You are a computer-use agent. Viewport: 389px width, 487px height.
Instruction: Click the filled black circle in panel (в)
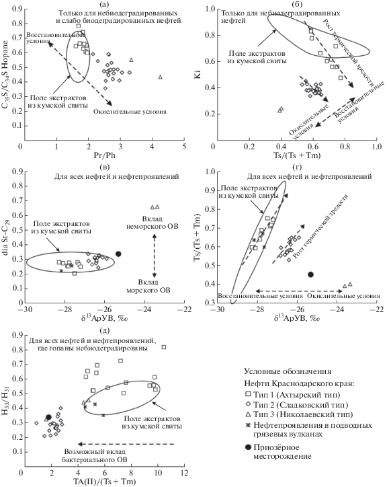pos(118,254)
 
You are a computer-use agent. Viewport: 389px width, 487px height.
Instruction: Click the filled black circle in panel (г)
pos(310,274)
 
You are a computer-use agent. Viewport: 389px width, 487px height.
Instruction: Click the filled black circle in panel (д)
pos(48,417)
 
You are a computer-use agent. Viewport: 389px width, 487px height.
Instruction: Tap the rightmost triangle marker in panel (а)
pos(161,77)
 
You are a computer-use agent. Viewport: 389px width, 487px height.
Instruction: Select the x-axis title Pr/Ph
pos(105,155)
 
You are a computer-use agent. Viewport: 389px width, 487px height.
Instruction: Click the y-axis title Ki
pos(198,75)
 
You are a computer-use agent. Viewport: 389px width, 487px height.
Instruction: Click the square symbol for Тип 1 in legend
pos(248,394)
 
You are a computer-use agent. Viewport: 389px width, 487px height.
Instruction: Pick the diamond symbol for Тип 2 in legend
pos(248,404)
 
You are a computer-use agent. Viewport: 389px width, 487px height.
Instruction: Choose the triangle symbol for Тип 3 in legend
pos(248,414)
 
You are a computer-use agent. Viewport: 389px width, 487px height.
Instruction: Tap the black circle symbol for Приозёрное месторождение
pos(248,447)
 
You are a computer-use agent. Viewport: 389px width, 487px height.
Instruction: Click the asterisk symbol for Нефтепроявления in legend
pos(248,425)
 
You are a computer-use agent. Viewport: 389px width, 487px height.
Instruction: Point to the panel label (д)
pos(105,330)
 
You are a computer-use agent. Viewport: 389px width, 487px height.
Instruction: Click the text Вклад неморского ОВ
pos(153,223)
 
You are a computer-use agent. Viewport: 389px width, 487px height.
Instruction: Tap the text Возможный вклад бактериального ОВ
pos(94,456)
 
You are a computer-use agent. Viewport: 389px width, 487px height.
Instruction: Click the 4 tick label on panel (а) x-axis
pos(152,146)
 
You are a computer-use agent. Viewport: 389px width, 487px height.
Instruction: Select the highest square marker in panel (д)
pos(164,347)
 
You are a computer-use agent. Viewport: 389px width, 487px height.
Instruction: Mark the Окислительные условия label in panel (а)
pos(130,112)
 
